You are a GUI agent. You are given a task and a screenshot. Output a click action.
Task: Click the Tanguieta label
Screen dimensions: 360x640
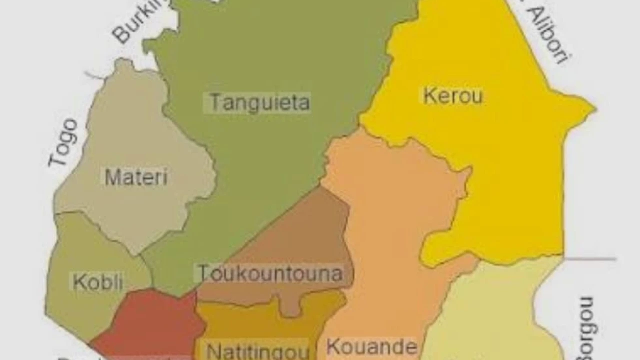coord(259,102)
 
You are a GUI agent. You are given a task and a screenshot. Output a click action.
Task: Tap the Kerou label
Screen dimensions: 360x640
coord(453,95)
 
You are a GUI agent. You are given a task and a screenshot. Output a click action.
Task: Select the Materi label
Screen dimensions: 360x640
coord(136,177)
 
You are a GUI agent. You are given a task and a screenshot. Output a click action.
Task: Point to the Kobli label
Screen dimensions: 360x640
coord(98,282)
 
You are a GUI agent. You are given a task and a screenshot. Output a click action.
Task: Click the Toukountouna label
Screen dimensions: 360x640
coord(270,273)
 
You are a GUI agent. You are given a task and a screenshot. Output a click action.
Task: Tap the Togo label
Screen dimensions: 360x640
coord(63,142)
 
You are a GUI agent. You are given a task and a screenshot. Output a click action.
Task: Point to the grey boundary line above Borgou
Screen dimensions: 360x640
coord(590,259)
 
